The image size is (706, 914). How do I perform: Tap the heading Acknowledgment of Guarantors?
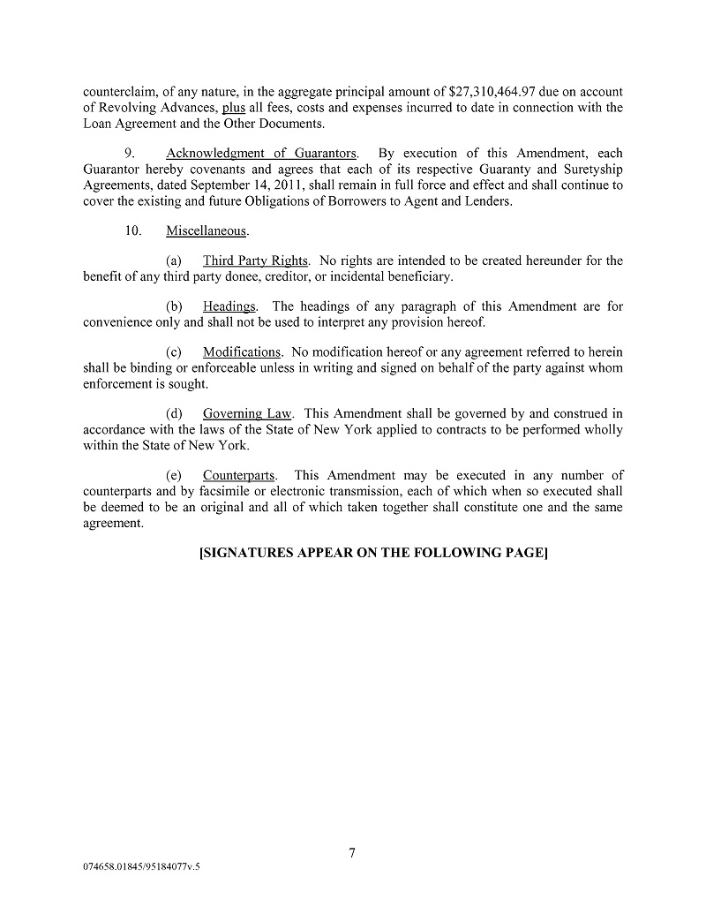coord(262,154)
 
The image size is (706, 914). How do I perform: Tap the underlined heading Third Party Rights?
coord(255,261)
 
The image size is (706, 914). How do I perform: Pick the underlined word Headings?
coord(229,306)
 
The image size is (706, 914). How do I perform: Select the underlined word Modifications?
coord(242,352)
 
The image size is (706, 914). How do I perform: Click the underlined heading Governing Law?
coord(248,413)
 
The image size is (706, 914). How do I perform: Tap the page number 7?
coord(352,852)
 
